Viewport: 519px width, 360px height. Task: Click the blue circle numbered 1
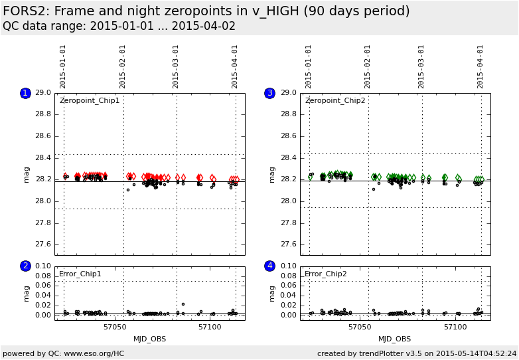[x=25, y=93]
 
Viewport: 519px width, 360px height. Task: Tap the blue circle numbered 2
[x=25, y=266]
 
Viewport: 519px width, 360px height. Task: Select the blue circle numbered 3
[x=269, y=93]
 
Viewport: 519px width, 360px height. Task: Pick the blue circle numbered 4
[x=269, y=266]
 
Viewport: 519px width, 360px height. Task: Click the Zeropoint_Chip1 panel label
[x=90, y=101]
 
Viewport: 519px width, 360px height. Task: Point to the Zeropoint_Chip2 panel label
[x=335, y=101]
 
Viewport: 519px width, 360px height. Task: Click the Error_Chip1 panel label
[x=80, y=274]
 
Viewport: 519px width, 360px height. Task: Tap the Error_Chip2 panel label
[x=326, y=274]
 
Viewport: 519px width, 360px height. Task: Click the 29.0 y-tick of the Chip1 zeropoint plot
[x=42, y=93]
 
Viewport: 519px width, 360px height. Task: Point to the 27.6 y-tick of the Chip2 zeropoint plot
[x=288, y=244]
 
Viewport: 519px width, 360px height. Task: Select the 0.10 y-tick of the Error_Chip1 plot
[x=42, y=266]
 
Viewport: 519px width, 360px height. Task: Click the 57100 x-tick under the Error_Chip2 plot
[x=455, y=327]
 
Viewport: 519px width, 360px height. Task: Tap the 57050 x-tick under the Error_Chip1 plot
[x=114, y=327]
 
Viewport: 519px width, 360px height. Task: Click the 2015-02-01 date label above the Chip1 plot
[x=123, y=66]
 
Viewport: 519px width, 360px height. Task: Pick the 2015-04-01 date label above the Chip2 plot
[x=481, y=66]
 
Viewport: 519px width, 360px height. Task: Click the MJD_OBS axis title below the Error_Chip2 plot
[x=394, y=339]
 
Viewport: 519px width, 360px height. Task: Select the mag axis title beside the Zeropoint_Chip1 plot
[x=27, y=174]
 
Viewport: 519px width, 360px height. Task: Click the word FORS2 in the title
[x=26, y=11]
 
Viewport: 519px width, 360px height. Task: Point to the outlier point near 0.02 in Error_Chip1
[x=183, y=304]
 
